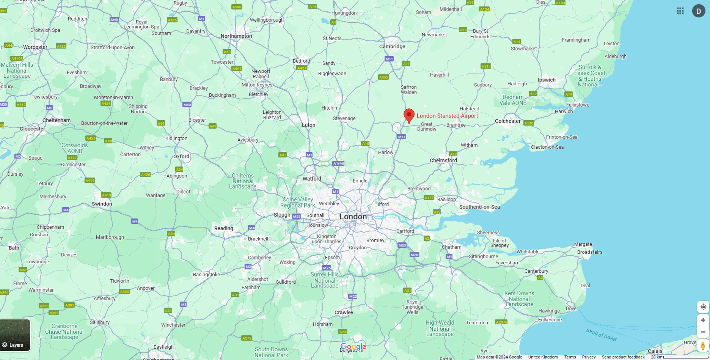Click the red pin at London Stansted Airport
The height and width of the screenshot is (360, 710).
point(409,115)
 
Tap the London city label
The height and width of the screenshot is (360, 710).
point(353,217)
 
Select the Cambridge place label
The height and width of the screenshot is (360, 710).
point(392,47)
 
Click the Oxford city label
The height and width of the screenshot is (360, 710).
point(181,156)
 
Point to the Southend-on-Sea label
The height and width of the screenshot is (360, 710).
point(479,207)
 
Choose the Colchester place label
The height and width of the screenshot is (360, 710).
point(507,121)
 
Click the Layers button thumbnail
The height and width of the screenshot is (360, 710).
point(15,335)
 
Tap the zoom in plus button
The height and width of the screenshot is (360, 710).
point(703,320)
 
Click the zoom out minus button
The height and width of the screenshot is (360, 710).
point(703,332)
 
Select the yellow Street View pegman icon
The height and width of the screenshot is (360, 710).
point(703,346)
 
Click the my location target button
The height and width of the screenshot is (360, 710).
point(703,307)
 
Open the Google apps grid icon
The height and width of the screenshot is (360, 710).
point(680,11)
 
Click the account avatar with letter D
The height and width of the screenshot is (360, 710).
point(698,11)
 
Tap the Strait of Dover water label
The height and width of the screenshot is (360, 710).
point(601,335)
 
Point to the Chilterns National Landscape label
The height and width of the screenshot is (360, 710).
point(243,181)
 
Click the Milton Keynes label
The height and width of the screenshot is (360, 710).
point(257,85)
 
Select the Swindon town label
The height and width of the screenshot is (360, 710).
point(102,204)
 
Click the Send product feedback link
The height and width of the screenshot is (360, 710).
point(623,357)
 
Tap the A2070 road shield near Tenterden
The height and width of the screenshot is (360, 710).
point(501,322)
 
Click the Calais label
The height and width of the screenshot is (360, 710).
point(655,351)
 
